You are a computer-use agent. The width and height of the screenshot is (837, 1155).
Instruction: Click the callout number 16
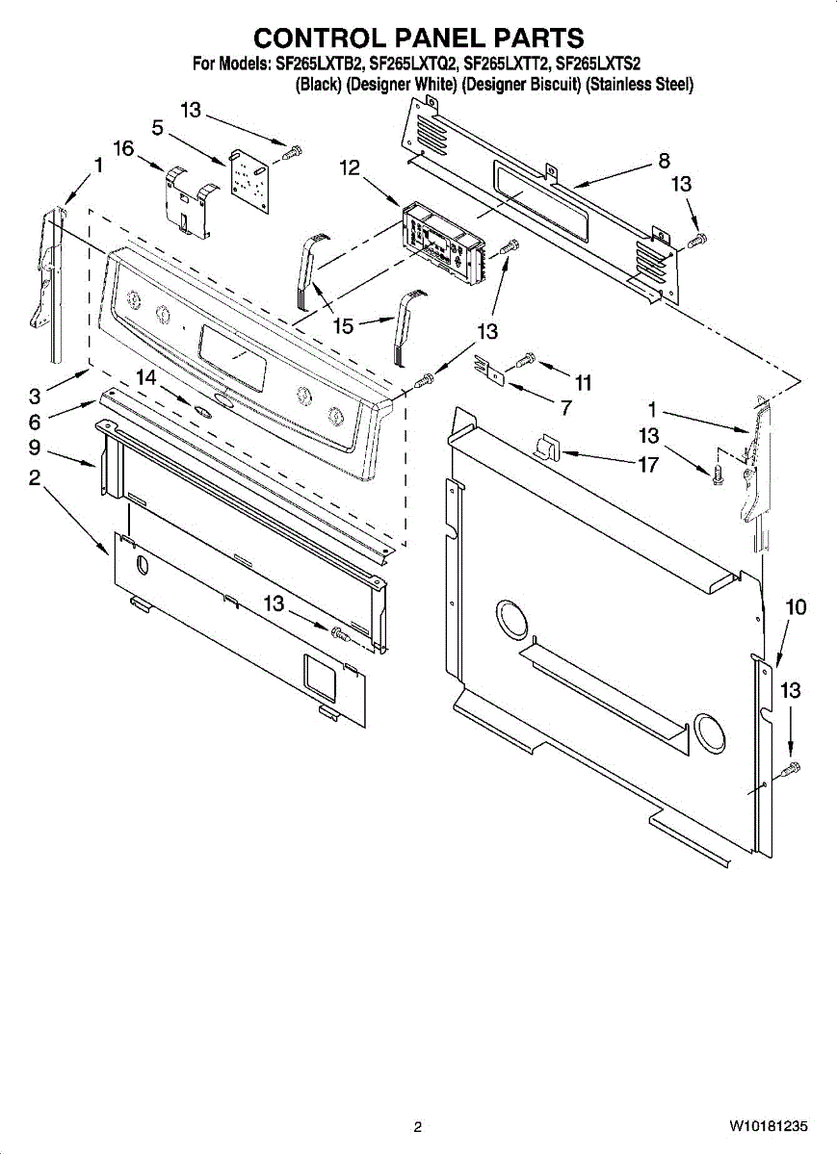click(x=123, y=148)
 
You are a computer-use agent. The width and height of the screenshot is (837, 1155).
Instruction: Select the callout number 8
click(x=664, y=162)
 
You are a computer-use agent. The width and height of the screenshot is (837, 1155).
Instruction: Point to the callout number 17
click(x=648, y=465)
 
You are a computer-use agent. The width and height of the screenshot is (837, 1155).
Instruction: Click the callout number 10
click(x=796, y=607)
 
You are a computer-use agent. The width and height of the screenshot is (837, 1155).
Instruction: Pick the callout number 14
click(x=145, y=378)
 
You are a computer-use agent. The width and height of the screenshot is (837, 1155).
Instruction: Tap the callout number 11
click(x=582, y=383)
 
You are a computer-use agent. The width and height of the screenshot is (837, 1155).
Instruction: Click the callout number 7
click(x=565, y=407)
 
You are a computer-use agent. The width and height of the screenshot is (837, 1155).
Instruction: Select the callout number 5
click(x=157, y=127)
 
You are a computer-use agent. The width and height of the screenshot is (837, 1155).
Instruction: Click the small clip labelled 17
click(x=546, y=446)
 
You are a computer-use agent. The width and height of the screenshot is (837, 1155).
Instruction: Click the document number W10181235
click(x=768, y=1126)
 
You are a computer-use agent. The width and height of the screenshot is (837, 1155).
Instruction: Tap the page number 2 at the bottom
click(x=418, y=1127)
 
